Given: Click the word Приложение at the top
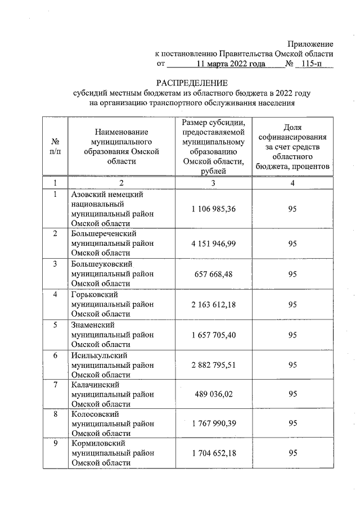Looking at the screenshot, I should pos(310,44).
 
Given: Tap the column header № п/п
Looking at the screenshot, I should pos(56,146).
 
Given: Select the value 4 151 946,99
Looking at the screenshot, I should pos(213,244).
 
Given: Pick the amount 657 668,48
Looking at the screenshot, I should pos(213,274).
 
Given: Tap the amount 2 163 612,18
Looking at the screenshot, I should pos(213,304).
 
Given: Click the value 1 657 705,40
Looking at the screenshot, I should pos(213,335).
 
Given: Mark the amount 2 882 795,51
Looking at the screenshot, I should pos(213,365).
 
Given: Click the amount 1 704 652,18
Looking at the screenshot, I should pos(213,453).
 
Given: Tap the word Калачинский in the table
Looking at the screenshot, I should pos(93,385).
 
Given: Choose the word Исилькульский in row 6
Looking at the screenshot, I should pos(98,355).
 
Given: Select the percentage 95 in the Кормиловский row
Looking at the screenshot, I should pos(292,453).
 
